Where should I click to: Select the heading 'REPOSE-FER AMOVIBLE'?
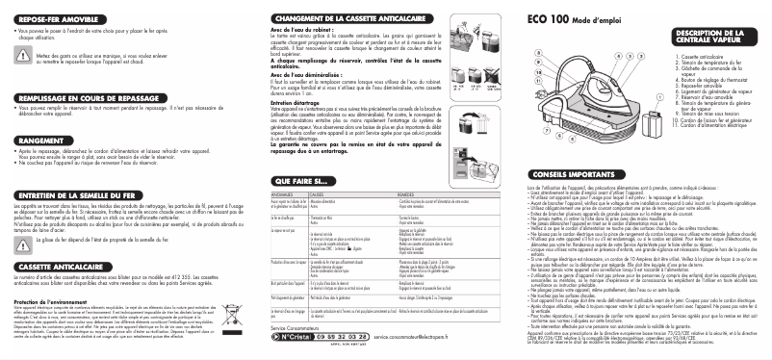click(59, 19)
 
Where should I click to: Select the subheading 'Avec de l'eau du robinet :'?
click(295, 30)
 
